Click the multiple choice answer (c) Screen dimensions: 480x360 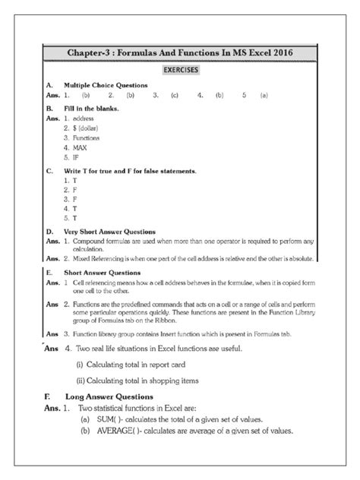point(175,96)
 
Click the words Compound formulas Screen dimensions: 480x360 point(103,241)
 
